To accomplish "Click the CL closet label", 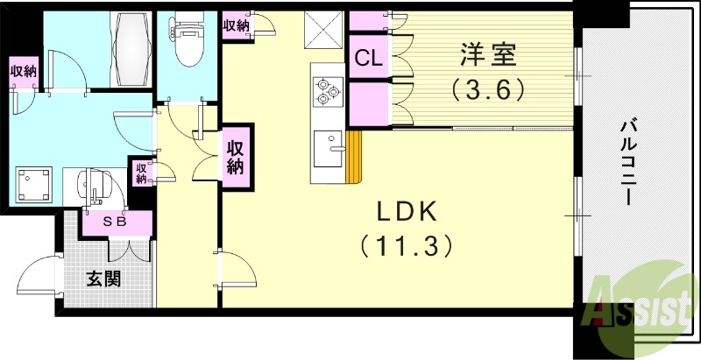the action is coord(367,59).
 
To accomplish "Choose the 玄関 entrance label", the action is coord(103,280).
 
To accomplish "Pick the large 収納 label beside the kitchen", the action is coord(235,155).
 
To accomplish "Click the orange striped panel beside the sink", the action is coord(354,158).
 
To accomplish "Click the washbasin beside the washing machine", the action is coord(93,185).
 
